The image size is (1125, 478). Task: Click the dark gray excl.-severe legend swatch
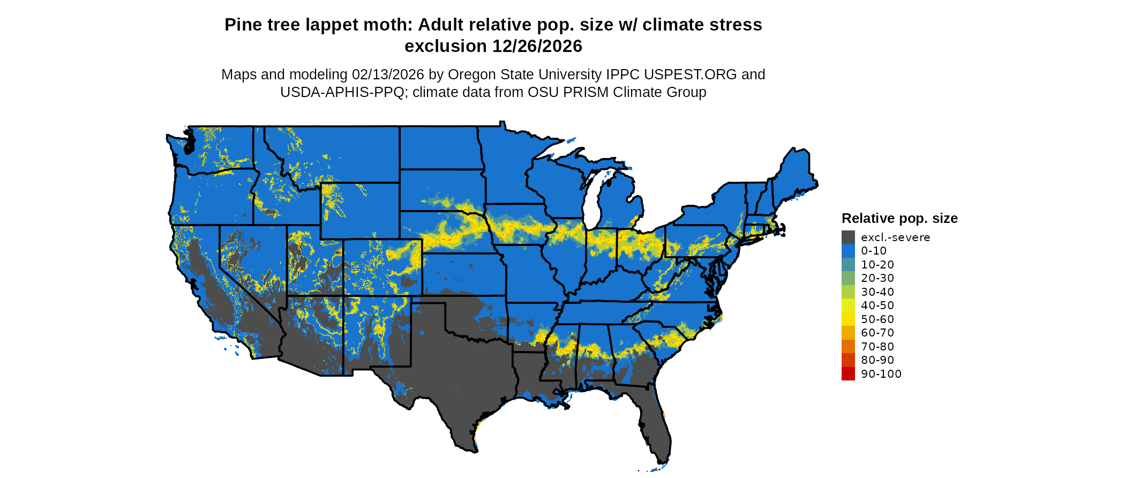848,237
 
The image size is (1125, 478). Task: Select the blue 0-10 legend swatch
848,251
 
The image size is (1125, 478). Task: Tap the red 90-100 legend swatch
848,374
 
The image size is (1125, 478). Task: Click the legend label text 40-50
877,305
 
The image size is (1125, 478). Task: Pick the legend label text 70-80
877,347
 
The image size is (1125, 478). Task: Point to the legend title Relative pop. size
899,219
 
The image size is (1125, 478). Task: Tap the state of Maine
796,171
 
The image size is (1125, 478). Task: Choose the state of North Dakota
439,148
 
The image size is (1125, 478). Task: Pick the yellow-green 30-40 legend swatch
848,292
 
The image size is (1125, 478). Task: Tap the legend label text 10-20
877,265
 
